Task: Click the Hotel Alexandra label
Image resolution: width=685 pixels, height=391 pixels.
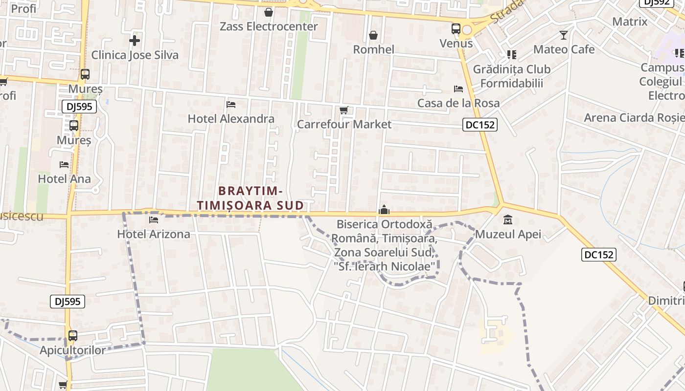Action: [x=231, y=119]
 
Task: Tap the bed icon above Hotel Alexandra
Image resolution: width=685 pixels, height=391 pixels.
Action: [x=231, y=105]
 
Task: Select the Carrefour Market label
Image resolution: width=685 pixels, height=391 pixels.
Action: [x=344, y=124]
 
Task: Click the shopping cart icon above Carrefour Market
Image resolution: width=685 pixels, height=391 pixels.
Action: [x=344, y=110]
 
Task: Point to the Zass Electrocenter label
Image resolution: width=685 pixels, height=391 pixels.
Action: [x=269, y=26]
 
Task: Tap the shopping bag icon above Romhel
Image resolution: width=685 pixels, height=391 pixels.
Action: [x=373, y=35]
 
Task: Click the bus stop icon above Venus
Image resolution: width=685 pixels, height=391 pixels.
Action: [x=456, y=29]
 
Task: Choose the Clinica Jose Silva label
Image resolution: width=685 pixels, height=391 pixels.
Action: [x=135, y=55]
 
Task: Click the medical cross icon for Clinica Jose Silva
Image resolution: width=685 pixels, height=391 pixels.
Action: [x=135, y=40]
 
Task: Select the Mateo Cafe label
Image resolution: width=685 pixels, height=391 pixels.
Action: [x=564, y=49]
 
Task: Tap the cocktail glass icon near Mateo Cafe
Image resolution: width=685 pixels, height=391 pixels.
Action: [x=564, y=35]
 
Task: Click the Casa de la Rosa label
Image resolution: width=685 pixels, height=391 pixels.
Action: [x=458, y=103]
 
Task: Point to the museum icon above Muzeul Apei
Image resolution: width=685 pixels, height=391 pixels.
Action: [x=508, y=220]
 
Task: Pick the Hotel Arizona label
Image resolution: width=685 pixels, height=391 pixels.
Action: [x=154, y=234]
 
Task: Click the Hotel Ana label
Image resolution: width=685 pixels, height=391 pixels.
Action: [x=64, y=179]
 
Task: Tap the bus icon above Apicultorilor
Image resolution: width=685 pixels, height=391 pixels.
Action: [x=72, y=336]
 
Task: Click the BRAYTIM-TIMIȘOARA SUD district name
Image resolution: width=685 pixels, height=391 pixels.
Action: [x=251, y=198]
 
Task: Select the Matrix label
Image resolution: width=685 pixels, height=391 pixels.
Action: [x=630, y=22]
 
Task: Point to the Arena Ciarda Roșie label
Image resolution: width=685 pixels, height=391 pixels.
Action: [x=634, y=117]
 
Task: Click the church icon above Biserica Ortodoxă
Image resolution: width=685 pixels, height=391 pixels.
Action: [x=384, y=210]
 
